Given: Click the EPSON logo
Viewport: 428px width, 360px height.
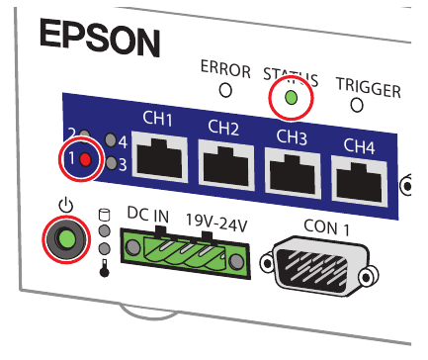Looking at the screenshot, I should tap(99, 41).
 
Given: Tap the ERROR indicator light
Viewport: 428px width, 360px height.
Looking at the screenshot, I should tap(225, 90).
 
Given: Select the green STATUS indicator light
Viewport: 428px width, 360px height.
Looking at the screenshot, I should tap(291, 97).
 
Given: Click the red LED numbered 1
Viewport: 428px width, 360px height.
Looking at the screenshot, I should tap(85, 158).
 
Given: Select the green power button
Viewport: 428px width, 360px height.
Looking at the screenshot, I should tap(66, 239).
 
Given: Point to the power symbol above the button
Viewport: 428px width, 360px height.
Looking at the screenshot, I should tap(66, 206).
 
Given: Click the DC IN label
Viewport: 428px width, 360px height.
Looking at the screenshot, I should tap(149, 213).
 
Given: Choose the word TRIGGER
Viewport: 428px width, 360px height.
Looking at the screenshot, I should tap(368, 89).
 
